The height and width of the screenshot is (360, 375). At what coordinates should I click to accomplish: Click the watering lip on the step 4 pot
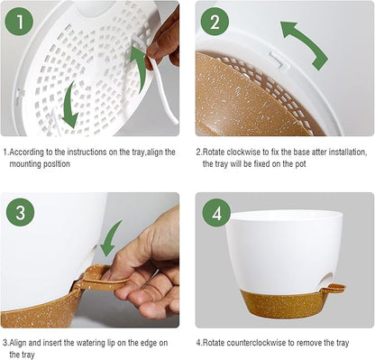(x=334, y=289)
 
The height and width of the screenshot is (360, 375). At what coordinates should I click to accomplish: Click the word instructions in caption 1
(x=78, y=152)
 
